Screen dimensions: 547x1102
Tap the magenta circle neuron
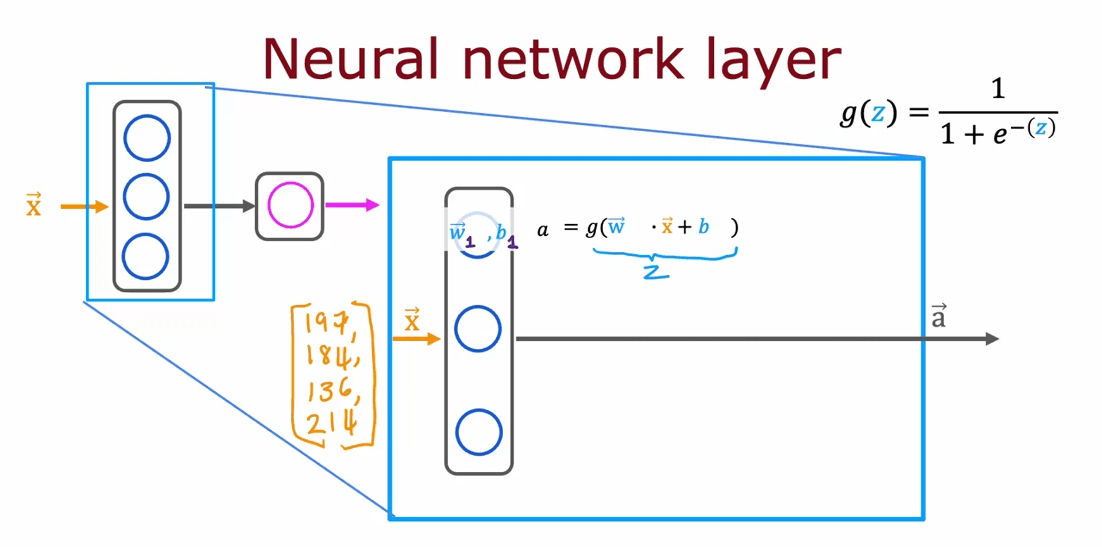click(290, 205)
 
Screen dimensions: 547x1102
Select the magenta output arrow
click(351, 205)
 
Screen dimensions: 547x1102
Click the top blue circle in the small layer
click(147, 138)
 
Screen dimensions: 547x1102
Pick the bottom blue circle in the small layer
click(145, 256)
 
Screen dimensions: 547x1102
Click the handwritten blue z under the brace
click(655, 272)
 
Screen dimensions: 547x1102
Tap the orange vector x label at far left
click(34, 205)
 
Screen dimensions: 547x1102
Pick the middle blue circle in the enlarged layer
click(478, 329)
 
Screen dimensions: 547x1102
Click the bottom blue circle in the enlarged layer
click(478, 432)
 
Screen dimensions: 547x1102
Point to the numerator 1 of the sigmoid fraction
click(998, 89)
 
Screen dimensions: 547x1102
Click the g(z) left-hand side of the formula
click(868, 113)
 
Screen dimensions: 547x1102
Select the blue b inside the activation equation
click(703, 227)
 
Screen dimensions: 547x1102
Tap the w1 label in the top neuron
click(461, 233)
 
